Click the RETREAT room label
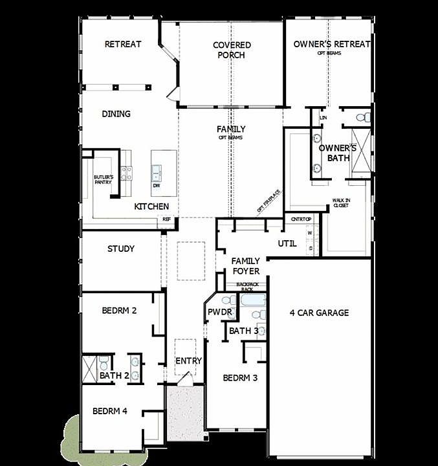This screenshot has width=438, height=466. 123,45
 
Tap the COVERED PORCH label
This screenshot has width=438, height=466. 232,50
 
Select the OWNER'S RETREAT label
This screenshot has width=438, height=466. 331,45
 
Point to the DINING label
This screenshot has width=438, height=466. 116,114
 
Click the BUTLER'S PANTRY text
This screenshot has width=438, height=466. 104,179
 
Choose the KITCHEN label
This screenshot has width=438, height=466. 152,206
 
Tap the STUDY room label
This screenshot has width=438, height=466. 121,249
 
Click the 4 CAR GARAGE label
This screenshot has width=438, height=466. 319,313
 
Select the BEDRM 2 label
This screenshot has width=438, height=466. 119,311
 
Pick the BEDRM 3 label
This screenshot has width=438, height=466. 241,378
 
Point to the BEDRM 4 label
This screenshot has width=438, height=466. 110,410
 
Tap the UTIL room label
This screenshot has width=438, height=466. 287,243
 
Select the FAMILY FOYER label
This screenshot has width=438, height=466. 246,266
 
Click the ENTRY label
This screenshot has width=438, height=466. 189,361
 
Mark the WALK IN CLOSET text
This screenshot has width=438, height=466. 341,204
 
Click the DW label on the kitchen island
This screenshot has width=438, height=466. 157,186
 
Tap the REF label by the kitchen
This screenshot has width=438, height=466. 167,219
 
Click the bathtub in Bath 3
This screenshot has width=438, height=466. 252,301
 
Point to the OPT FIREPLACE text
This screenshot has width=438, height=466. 268,201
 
